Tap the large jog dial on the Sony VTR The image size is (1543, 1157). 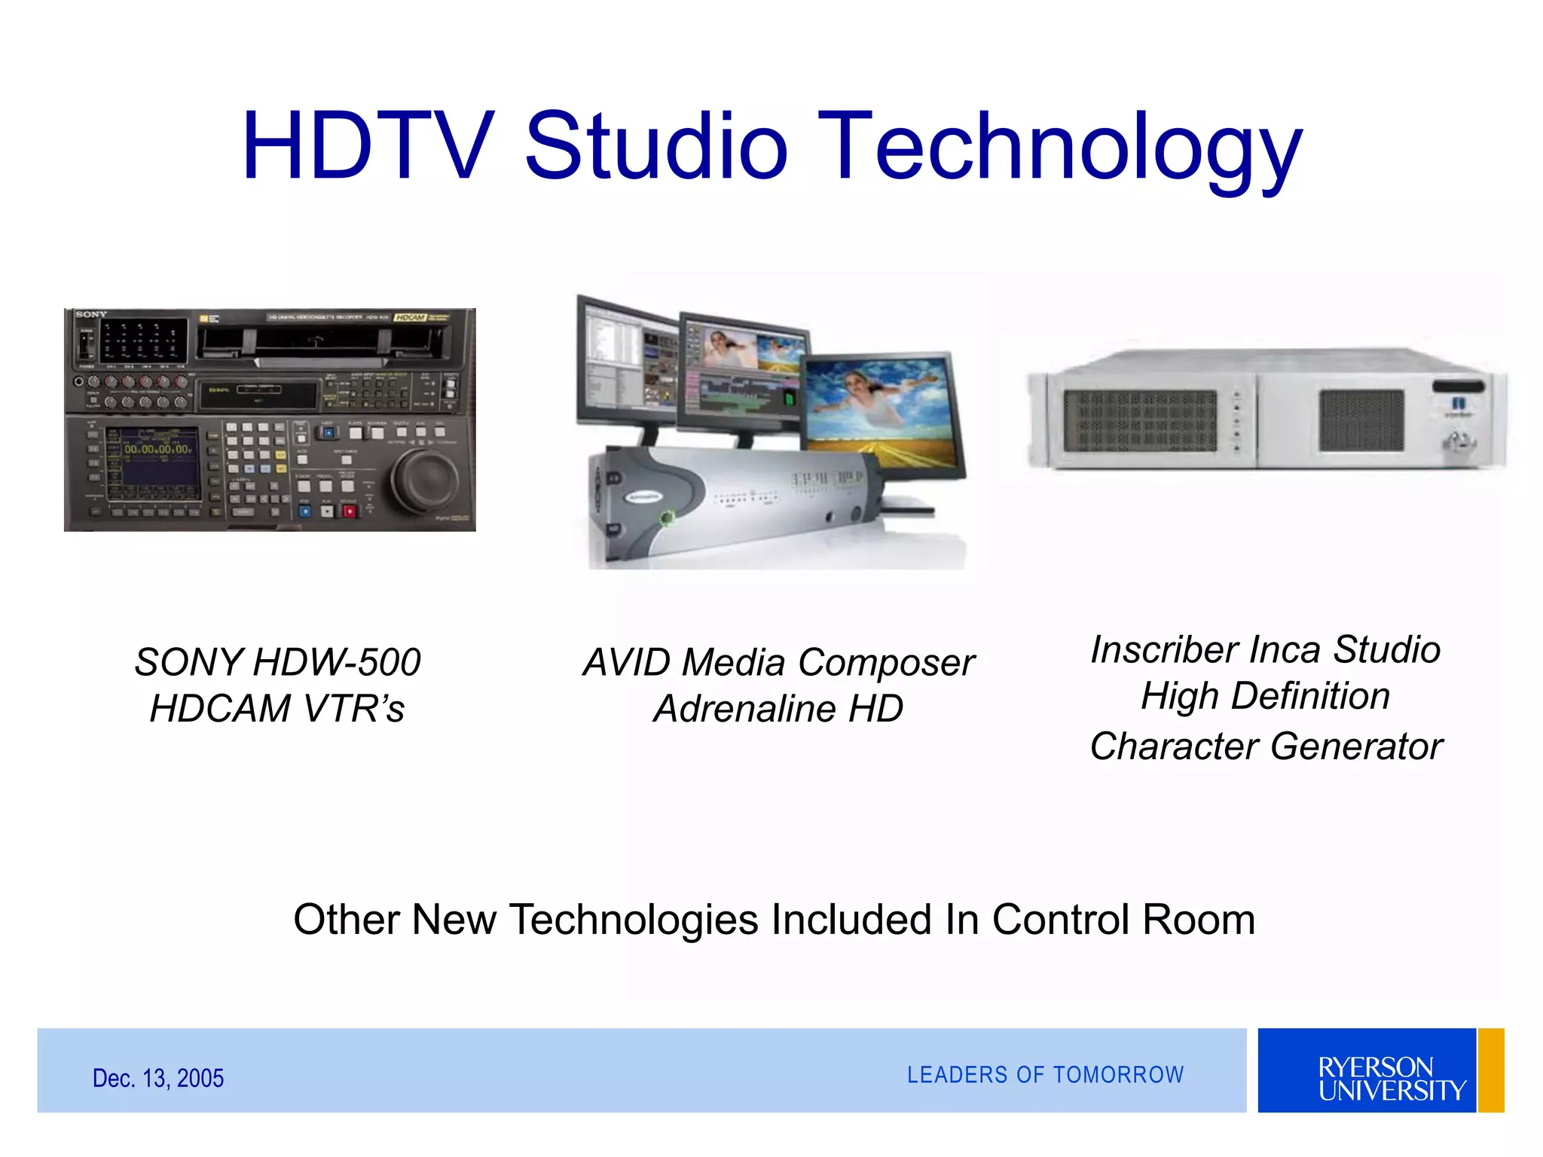point(426,480)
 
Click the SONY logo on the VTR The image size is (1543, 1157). point(90,314)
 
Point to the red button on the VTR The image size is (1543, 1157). point(349,511)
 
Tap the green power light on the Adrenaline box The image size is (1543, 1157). point(665,517)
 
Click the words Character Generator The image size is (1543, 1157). point(1266,746)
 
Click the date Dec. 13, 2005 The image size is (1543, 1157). point(157,1078)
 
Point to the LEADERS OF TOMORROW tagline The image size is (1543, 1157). point(1045,1075)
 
